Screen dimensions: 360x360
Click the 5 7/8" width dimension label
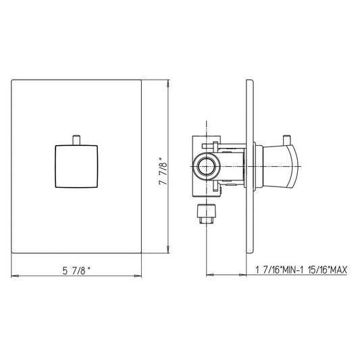(77, 271)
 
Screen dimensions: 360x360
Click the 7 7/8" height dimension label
(163, 171)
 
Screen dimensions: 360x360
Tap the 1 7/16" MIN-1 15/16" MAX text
(301, 269)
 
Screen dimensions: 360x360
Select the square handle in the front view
(76, 166)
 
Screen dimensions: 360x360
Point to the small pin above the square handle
(76, 140)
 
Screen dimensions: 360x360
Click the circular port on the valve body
(206, 166)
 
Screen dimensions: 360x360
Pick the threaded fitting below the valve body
(207, 213)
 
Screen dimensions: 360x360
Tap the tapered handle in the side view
(280, 166)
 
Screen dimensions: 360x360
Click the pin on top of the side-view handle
(286, 140)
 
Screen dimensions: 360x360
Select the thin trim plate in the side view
(249, 166)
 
